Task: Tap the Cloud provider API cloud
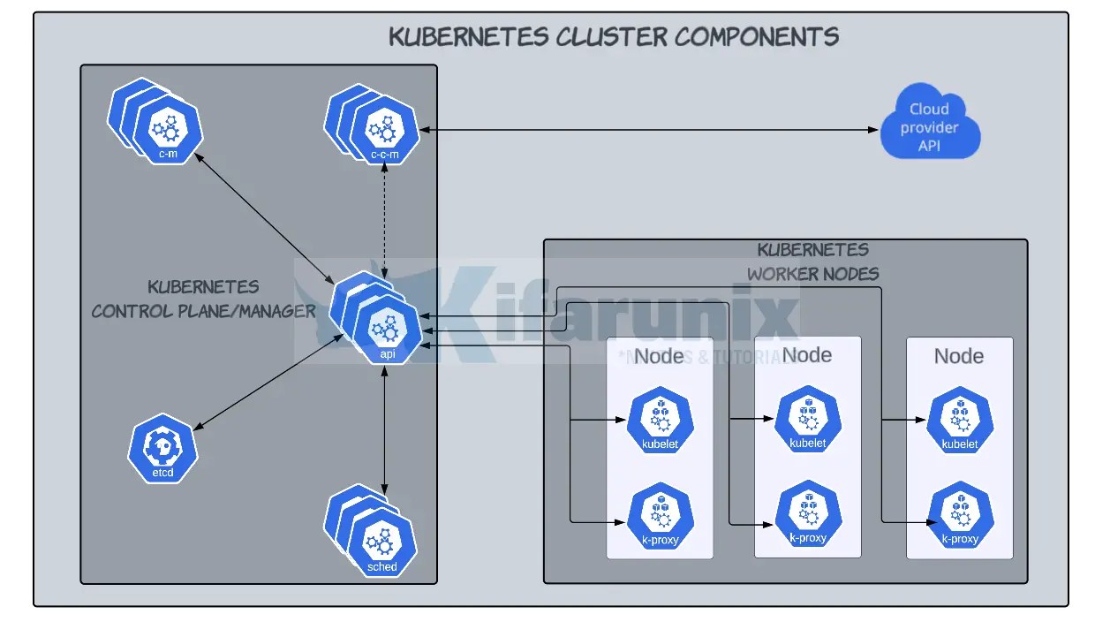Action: [x=930, y=125]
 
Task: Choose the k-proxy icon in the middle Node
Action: [x=808, y=516]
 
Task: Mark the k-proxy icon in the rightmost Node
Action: [x=960, y=518]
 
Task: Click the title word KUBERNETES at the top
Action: [x=469, y=37]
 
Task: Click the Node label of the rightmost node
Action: [x=959, y=356]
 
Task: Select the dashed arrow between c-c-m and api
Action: [x=384, y=221]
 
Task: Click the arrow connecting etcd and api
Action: [x=261, y=387]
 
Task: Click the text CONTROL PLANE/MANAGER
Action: [x=203, y=311]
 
